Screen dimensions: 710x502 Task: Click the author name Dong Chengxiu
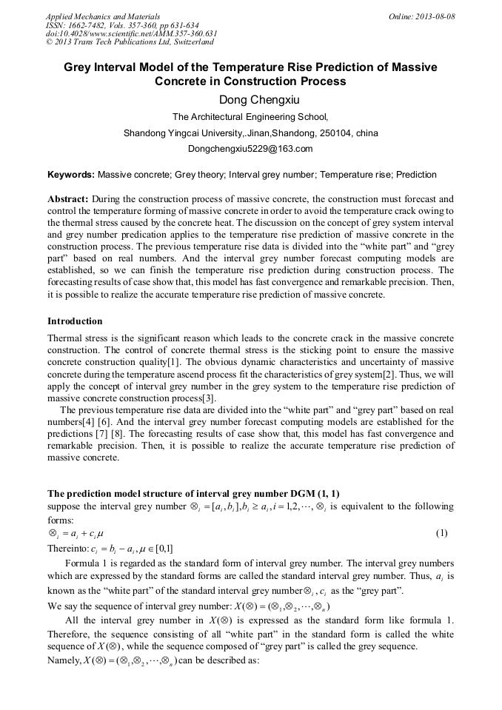(x=250, y=100)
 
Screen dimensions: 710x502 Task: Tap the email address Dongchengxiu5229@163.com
(x=250, y=149)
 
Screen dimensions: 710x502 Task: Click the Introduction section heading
(x=75, y=321)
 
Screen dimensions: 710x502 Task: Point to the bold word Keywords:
(x=71, y=175)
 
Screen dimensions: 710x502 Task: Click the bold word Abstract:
(x=68, y=200)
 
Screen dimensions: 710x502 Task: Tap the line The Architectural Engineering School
(x=250, y=117)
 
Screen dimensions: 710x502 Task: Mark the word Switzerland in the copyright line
(x=188, y=43)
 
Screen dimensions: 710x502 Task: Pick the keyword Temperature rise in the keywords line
(x=355, y=175)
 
